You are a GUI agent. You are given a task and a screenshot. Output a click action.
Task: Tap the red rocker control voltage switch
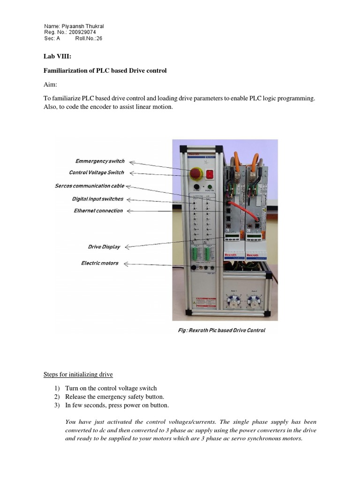point(210,174)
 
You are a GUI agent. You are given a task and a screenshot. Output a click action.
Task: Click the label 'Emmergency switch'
point(100,161)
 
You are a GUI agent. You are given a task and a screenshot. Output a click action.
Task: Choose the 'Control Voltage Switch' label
point(96,173)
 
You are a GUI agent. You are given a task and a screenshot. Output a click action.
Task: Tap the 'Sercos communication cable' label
point(89,186)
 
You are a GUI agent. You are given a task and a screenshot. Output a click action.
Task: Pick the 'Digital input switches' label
point(97,199)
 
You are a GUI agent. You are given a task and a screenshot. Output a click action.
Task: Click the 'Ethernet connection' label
point(98,211)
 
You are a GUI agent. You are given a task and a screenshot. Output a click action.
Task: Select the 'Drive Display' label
point(104,247)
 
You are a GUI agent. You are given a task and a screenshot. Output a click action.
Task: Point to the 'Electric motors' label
point(99,263)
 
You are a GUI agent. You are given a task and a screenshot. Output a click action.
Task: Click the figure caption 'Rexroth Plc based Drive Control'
point(222,330)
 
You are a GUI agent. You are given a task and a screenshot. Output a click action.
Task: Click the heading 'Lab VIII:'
point(57,57)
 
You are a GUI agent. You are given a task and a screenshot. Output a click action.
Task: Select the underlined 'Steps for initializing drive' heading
point(78,375)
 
